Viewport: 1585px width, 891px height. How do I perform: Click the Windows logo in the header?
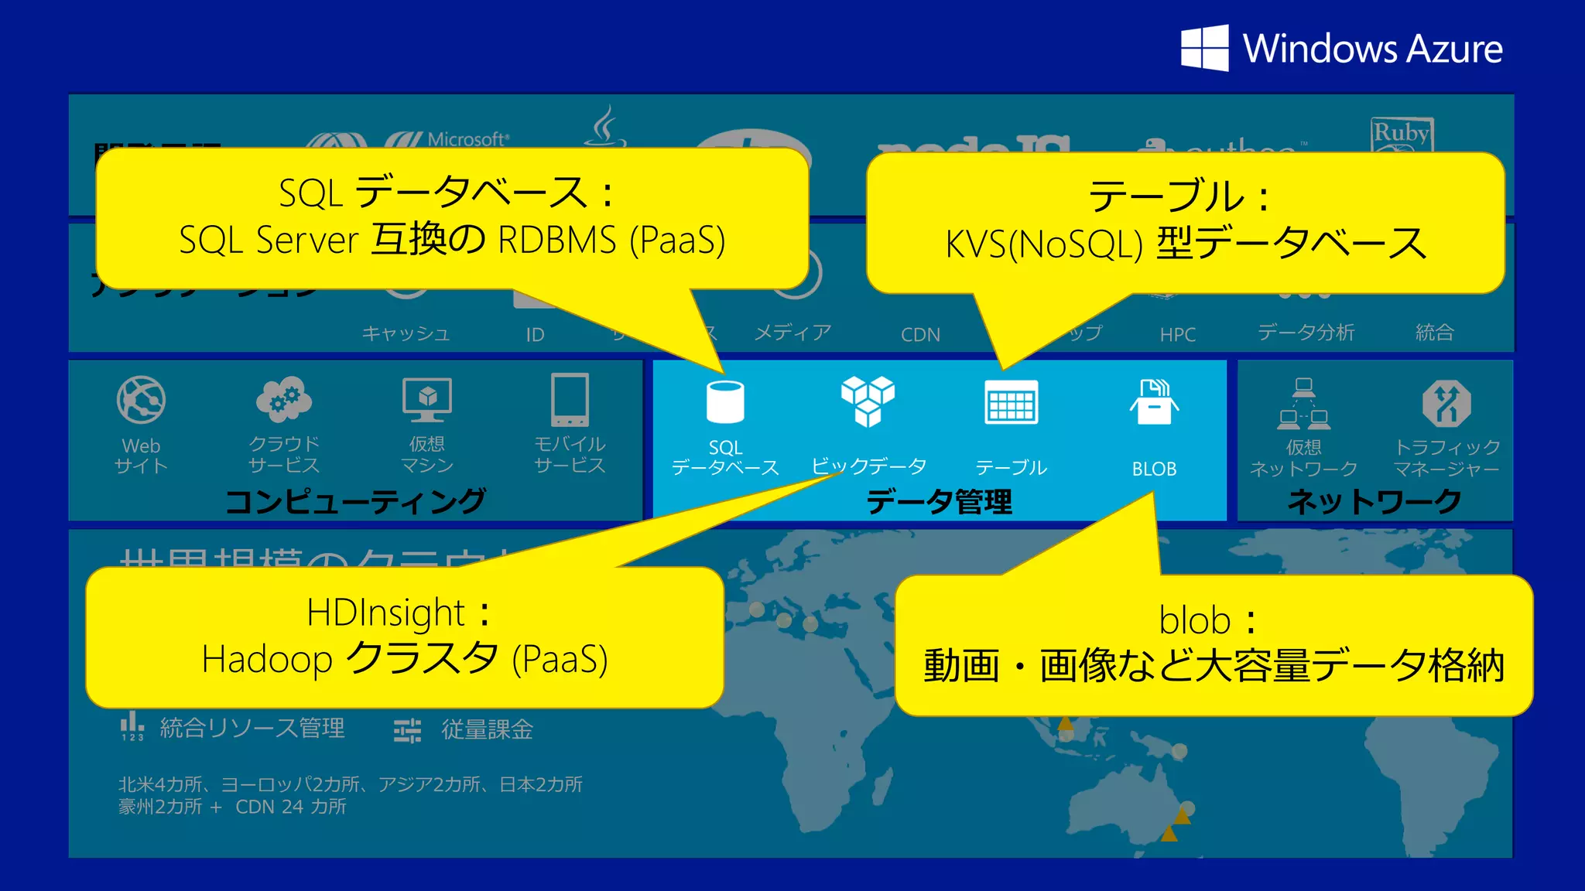pos(1204,48)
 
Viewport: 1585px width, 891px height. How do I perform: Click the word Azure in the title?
pos(1454,49)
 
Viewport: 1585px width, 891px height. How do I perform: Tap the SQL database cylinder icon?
pos(725,401)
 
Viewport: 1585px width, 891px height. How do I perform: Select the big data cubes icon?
pos(868,401)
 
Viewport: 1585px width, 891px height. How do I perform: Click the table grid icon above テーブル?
pos(1011,402)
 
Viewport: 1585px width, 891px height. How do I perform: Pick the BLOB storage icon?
pos(1154,401)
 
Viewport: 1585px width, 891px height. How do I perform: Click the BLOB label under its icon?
pos(1154,469)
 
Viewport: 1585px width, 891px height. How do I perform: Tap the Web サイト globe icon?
pos(141,400)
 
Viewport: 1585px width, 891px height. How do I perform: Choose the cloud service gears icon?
pos(284,399)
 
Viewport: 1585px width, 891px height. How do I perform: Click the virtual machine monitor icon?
pos(427,399)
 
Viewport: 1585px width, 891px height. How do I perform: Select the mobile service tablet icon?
pos(570,399)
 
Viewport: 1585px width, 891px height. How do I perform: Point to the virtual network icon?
pos(1304,403)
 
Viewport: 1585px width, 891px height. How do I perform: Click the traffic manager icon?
pos(1446,402)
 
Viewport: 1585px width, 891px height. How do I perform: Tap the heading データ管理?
pos(939,502)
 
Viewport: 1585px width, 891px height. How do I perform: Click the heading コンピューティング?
pos(355,502)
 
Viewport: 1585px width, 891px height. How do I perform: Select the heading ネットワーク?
pos(1374,502)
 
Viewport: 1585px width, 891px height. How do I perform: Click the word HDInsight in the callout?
pos(385,613)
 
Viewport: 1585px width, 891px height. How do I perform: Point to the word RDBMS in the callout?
pos(557,240)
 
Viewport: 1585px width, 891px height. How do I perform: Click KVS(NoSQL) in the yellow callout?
pos(1044,244)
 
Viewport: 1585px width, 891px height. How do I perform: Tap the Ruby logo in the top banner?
pos(1401,134)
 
